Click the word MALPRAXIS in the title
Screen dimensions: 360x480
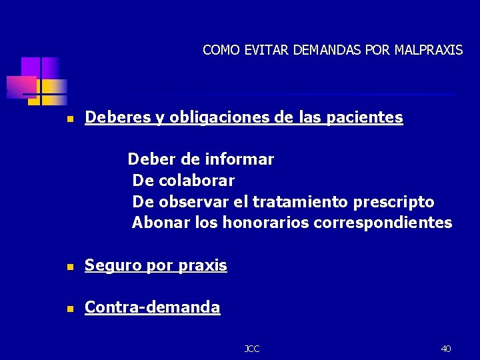click(x=428, y=50)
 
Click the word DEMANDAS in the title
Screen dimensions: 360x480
click(x=331, y=50)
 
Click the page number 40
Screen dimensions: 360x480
click(x=445, y=349)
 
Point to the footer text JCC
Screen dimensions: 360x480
click(x=252, y=349)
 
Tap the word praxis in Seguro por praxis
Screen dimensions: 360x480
click(x=203, y=266)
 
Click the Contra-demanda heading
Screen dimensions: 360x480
click(x=152, y=307)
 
